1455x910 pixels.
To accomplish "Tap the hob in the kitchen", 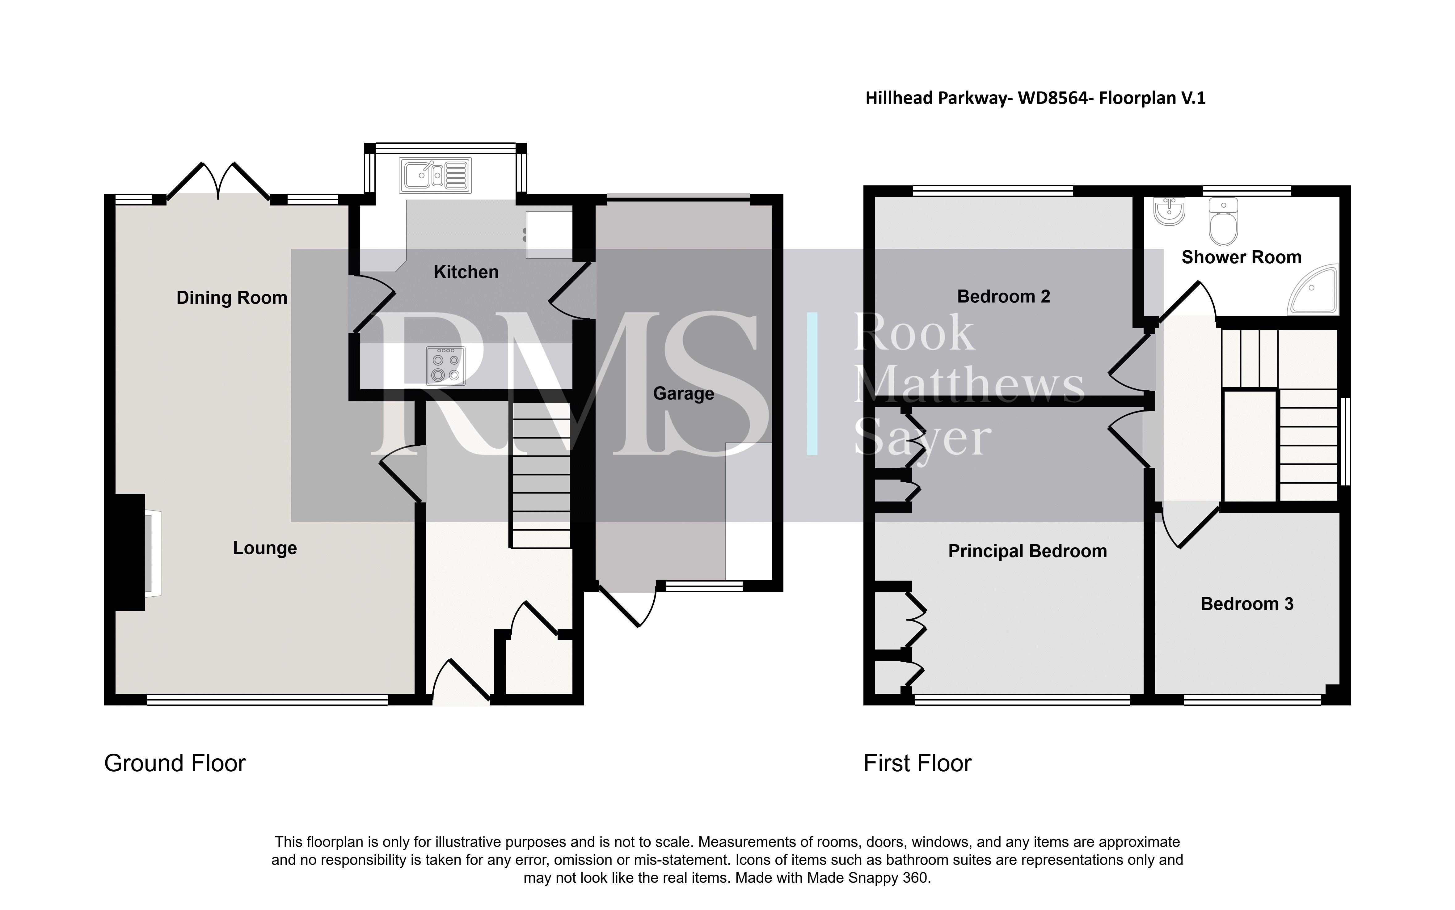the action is click(x=445, y=365).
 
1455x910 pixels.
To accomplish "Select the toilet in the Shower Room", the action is click(x=1223, y=223).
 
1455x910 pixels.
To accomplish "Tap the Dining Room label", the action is click(x=232, y=298).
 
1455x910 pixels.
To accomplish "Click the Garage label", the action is click(x=684, y=394).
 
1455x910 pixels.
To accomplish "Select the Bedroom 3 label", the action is click(x=1247, y=604).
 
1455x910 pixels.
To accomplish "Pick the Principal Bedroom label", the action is click(x=1027, y=551).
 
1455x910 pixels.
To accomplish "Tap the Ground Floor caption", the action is click(x=175, y=763).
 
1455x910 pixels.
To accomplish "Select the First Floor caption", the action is click(x=917, y=763).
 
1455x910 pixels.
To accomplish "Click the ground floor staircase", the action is click(x=540, y=476).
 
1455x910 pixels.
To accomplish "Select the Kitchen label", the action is click(x=466, y=272).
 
